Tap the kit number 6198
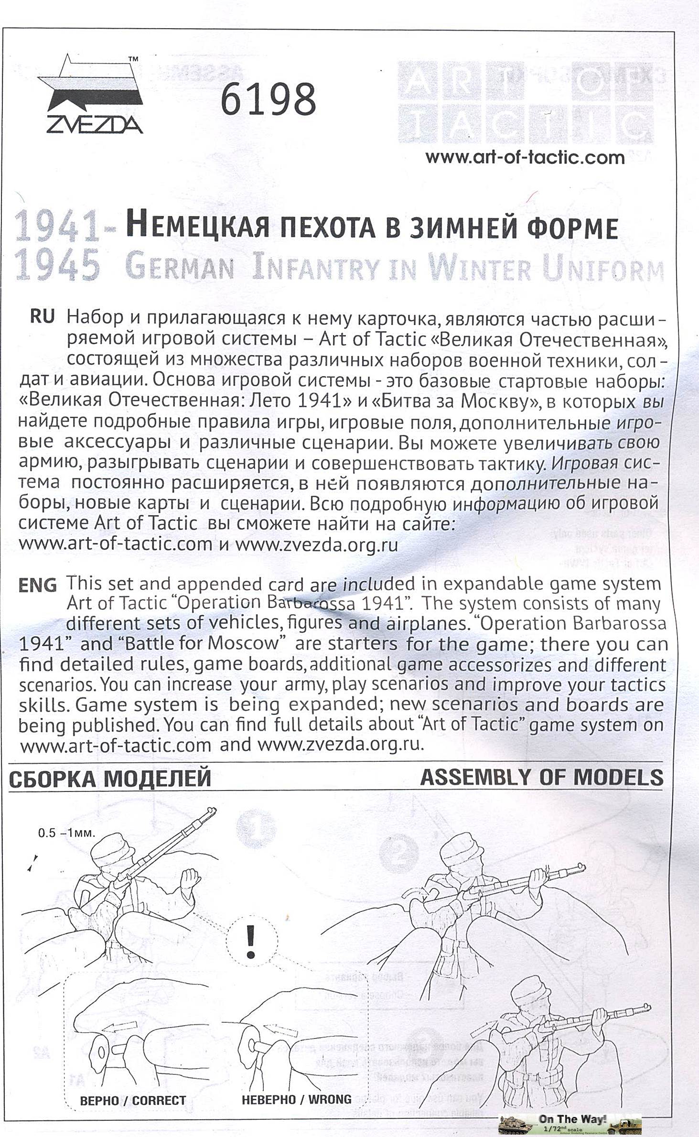268,99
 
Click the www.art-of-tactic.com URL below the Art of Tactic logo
525,157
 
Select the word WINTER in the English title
480,269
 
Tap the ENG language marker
37,585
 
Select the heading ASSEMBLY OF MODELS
541,778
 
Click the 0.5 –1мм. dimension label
67,833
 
